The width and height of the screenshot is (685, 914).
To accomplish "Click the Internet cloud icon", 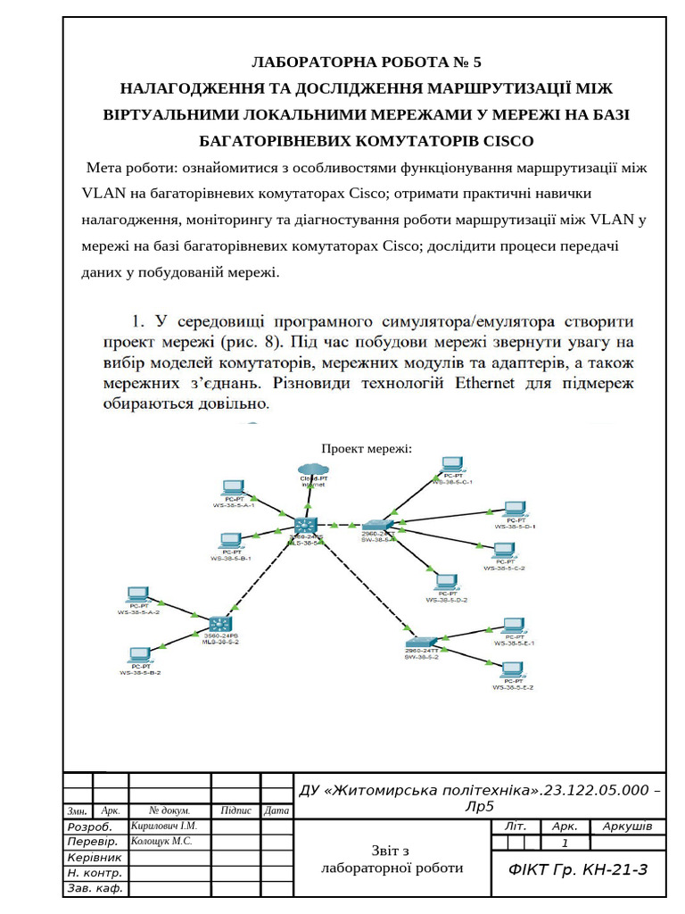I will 314,469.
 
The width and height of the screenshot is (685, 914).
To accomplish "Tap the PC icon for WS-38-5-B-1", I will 230,541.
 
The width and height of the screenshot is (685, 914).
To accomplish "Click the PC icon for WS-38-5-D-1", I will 515,511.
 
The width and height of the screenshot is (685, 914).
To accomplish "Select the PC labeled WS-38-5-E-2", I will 512,671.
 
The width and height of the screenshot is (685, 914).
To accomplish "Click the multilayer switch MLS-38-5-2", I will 220,626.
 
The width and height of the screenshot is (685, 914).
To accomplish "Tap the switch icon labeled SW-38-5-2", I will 421,641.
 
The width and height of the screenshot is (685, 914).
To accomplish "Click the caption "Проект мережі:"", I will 367,449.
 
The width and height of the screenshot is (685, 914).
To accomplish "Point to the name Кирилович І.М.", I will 164,826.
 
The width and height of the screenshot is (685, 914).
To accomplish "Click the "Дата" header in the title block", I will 277,810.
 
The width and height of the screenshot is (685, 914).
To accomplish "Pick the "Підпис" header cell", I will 235,810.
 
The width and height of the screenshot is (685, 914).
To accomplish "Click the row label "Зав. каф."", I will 95,889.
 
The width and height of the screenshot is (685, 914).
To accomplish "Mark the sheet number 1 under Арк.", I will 564,843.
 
